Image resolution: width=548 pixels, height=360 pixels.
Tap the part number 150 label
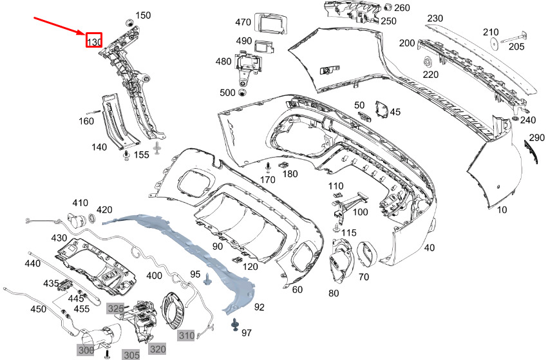(x=143, y=15)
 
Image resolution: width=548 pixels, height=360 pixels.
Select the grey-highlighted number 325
(x=115, y=308)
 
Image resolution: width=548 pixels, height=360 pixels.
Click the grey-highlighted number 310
(x=186, y=336)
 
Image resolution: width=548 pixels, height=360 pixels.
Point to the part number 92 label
(x=260, y=307)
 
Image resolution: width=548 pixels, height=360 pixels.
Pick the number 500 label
(x=227, y=93)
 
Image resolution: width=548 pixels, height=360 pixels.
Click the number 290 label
(x=537, y=138)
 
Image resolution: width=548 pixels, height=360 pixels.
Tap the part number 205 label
(x=516, y=46)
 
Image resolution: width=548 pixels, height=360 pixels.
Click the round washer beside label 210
(x=494, y=43)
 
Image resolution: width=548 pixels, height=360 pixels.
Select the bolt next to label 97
(x=234, y=325)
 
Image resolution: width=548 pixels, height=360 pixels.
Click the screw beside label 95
(x=207, y=279)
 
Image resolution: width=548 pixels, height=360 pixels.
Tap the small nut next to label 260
(x=388, y=7)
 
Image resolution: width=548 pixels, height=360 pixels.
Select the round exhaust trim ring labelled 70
(x=367, y=254)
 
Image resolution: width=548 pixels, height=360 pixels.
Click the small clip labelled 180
(x=283, y=165)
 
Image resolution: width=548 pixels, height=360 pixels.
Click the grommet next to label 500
(x=241, y=93)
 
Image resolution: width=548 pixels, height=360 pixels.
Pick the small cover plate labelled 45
(x=382, y=109)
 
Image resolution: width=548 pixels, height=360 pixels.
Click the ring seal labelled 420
(x=91, y=219)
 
